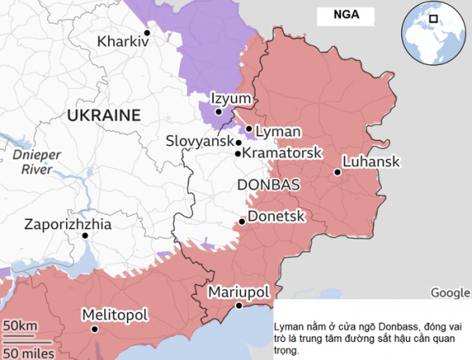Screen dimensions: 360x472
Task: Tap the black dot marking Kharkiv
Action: pos(147,33)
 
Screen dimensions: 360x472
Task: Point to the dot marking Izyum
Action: pos(218,112)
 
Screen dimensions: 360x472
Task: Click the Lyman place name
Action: pos(278,131)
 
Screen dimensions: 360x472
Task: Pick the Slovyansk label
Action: pos(199,141)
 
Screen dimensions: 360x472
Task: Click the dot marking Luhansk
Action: pos(337,172)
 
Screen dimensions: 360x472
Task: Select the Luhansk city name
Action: pos(371,161)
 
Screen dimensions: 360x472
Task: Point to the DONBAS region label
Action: pos(268,185)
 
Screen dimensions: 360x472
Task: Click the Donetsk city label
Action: pos(276,217)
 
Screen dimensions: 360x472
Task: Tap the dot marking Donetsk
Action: pos(242,222)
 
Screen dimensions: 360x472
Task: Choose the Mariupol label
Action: pos(239,292)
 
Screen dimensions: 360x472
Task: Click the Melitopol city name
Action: pos(114,314)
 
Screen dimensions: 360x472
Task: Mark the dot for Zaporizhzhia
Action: pos(84,235)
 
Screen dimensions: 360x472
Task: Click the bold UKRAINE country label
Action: pos(103,115)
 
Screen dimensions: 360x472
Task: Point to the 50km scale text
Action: pos(20,327)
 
